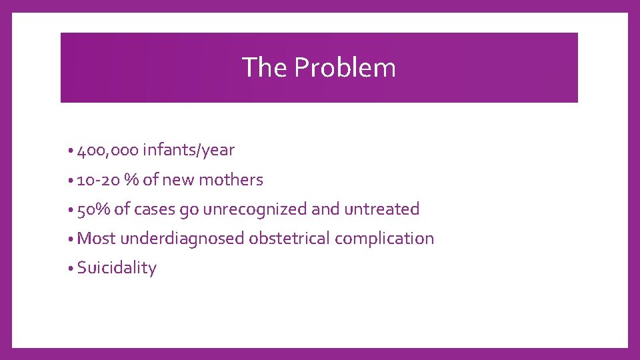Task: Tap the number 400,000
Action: click(108, 151)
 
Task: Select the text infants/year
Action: click(189, 151)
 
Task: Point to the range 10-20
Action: click(99, 180)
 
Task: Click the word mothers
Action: click(231, 180)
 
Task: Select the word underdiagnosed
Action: click(183, 239)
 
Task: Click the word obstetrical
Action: click(289, 239)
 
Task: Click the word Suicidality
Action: click(117, 268)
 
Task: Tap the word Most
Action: click(96, 239)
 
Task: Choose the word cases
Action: click(153, 209)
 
